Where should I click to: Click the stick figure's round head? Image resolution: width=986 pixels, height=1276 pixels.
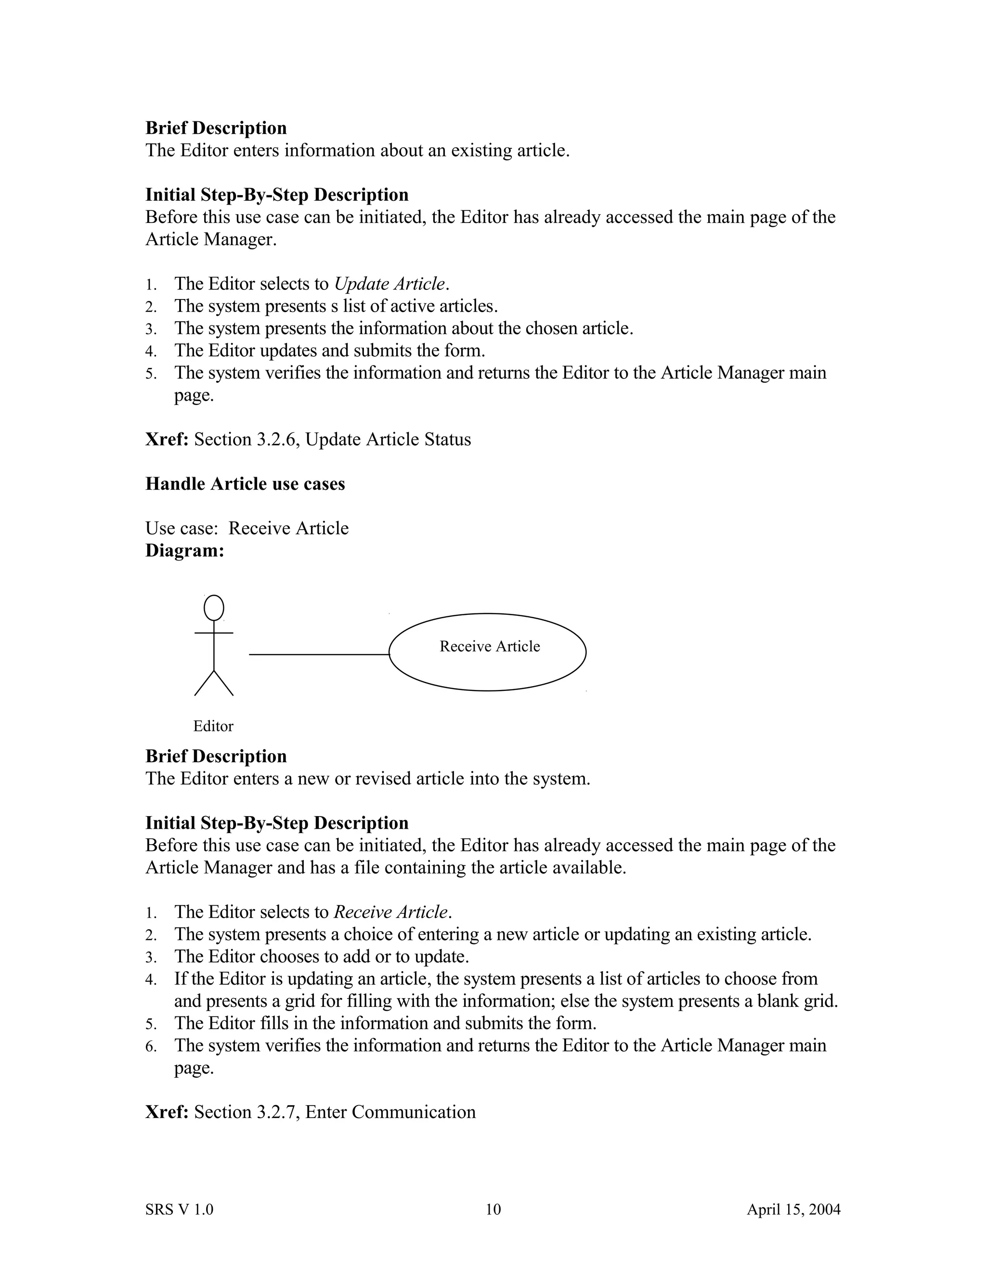[214, 608]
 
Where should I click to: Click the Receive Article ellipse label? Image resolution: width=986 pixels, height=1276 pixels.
[490, 646]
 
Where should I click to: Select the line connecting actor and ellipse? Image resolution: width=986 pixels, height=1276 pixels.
[319, 654]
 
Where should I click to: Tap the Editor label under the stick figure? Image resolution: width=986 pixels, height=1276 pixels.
[213, 726]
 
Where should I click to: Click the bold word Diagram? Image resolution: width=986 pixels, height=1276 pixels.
[184, 550]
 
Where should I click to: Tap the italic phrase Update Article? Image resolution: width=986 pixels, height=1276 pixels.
[389, 284]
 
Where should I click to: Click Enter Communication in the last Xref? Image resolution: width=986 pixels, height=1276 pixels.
[390, 1112]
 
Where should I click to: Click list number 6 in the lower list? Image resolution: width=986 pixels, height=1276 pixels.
[151, 1046]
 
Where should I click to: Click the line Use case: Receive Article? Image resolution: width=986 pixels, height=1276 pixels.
[246, 528]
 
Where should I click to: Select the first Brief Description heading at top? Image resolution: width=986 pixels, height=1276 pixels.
[216, 128]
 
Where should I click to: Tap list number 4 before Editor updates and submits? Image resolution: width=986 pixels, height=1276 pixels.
[151, 352]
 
